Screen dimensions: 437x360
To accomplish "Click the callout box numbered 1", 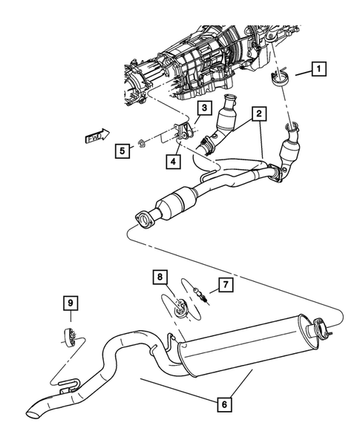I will (x=318, y=71).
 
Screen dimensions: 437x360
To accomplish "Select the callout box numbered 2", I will (x=259, y=114).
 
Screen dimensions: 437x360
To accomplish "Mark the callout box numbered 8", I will (x=158, y=277).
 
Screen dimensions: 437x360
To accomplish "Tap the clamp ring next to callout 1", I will (x=281, y=78).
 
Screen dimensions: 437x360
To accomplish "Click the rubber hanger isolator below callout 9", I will (x=68, y=336).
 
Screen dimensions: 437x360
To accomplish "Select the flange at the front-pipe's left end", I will (x=143, y=218).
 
